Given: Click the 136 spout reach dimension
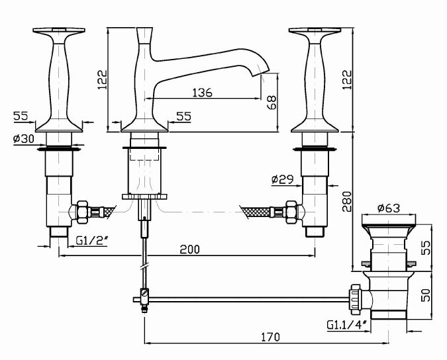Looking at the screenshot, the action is [x=202, y=93].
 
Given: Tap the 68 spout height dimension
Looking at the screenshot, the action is [x=272, y=103].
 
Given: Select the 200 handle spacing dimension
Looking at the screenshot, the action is [x=190, y=249].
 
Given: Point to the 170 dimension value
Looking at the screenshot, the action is [x=271, y=337].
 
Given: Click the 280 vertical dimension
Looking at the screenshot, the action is [x=347, y=202].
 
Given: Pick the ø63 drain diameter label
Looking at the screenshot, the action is [x=389, y=208].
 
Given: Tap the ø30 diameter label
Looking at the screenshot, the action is [x=24, y=139].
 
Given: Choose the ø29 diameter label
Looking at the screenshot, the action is [x=282, y=179].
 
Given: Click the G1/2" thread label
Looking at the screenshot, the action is [x=92, y=241].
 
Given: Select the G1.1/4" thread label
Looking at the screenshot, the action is [x=346, y=325].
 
